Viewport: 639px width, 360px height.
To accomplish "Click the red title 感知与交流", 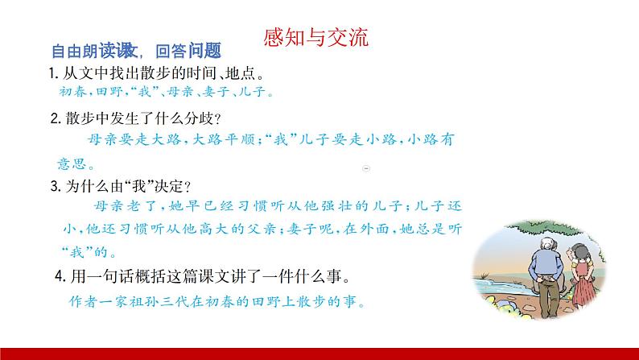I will tap(316, 38).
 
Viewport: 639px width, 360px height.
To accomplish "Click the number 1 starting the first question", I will tap(51, 75).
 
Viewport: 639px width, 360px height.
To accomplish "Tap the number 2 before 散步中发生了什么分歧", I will tap(53, 118).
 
